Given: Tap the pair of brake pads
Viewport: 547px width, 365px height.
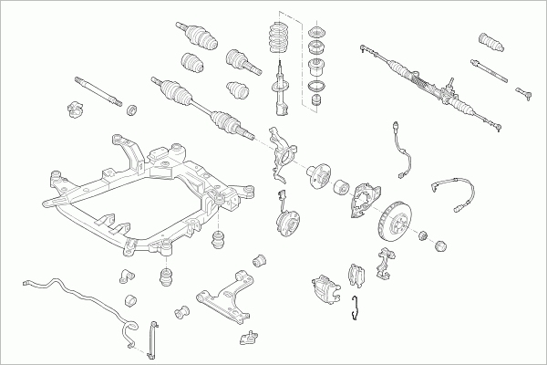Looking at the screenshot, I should [x=357, y=274].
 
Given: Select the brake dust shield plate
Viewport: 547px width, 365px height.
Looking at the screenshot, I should [x=365, y=201].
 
